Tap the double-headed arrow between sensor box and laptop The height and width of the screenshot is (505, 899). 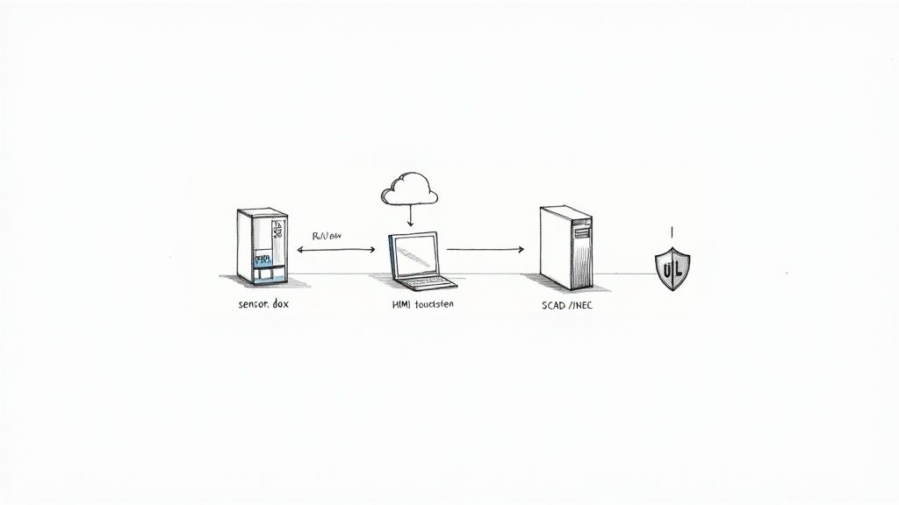336,250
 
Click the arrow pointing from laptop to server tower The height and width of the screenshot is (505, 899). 485,250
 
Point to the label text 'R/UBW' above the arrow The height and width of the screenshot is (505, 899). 329,236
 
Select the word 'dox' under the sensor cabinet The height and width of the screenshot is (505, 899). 280,305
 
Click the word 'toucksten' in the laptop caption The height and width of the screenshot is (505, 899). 435,305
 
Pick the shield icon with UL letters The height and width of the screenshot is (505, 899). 673,267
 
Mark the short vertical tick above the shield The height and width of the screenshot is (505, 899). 672,232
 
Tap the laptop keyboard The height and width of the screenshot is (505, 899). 428,281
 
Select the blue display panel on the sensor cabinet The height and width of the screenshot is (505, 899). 263,259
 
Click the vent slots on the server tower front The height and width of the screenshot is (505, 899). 580,232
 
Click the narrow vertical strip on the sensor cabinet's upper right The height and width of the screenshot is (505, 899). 277,232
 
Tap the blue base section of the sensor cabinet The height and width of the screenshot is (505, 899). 263,276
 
